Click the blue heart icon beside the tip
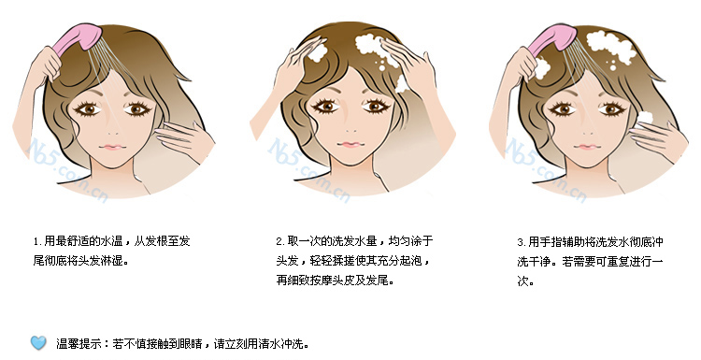pyautogui.click(x=38, y=342)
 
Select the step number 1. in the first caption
pyautogui.click(x=36, y=240)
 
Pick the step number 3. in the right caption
pyautogui.click(x=521, y=240)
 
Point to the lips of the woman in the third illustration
pyautogui.click(x=584, y=147)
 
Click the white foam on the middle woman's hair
pyautogui.click(x=379, y=44)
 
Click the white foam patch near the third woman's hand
pyautogui.click(x=644, y=120)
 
